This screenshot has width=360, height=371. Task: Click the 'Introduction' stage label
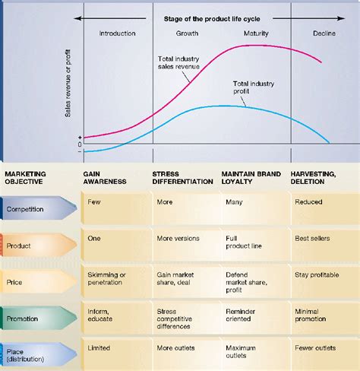point(117,33)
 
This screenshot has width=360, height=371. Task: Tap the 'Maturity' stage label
point(256,33)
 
